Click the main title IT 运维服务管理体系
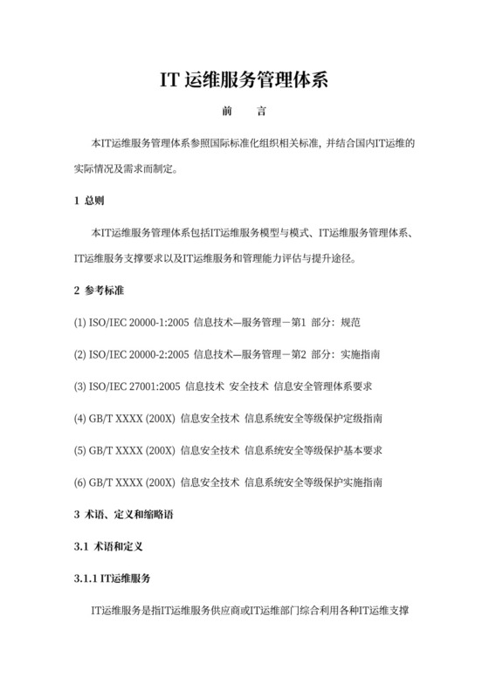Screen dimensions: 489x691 [x=244, y=80]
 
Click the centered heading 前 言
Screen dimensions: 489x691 [x=244, y=112]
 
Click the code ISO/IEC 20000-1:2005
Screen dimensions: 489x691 [x=139, y=322]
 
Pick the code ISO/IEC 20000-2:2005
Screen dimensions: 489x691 [x=139, y=354]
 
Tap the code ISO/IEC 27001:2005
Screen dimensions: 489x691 [x=134, y=386]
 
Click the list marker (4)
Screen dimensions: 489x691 [x=80, y=418]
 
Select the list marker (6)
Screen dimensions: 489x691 [x=80, y=482]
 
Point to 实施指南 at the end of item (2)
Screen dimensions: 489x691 [x=375, y=354]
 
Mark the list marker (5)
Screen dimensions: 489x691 [x=80, y=450]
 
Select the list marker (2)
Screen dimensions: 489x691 [x=80, y=354]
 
